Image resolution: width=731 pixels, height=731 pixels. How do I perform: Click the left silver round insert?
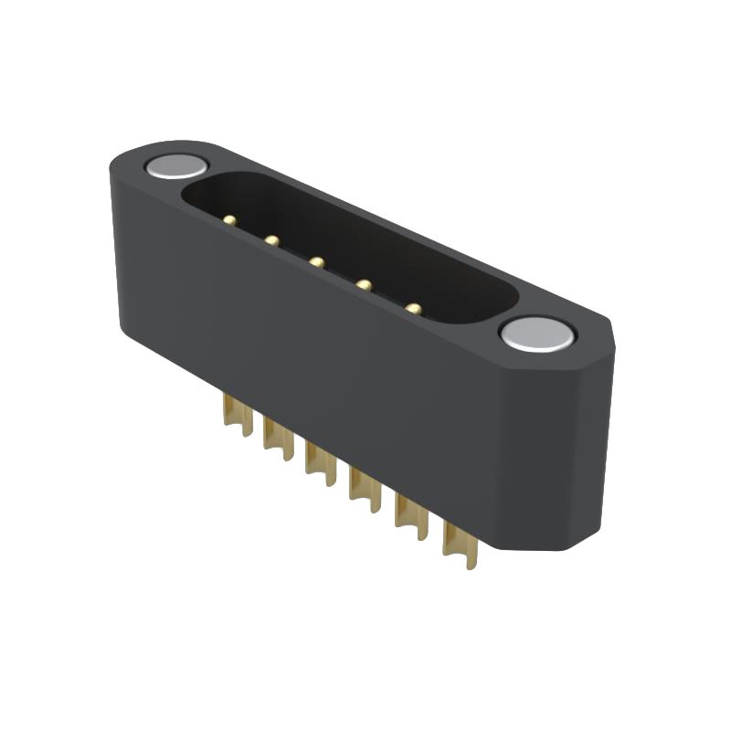[x=176, y=166]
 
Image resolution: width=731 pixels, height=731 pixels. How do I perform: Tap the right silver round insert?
[x=537, y=334]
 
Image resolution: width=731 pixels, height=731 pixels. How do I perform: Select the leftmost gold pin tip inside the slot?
[x=229, y=220]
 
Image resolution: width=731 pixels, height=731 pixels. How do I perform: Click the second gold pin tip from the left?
[x=271, y=240]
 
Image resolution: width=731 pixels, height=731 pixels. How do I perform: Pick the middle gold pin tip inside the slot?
[x=316, y=262]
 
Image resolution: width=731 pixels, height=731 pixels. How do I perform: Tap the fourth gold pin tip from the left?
[x=364, y=285]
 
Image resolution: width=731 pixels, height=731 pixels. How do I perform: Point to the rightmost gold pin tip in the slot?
[x=414, y=309]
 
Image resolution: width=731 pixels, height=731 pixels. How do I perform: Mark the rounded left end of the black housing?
[x=119, y=247]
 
